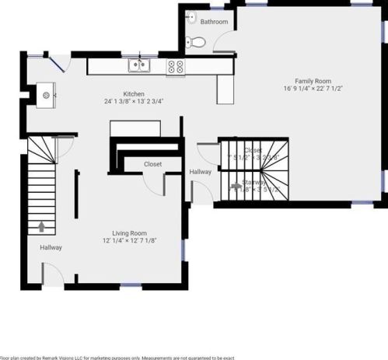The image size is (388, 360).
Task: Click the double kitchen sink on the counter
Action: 140,66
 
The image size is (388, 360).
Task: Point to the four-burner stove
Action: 176,67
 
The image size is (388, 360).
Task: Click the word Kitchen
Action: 134,92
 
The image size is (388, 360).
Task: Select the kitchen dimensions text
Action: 134,101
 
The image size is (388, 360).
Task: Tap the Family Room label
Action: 313,80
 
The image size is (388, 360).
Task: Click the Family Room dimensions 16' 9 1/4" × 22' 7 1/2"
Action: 313,89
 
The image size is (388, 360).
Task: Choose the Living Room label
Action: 129,232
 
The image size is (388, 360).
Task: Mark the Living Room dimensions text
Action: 129,241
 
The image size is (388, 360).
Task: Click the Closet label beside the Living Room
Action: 152,164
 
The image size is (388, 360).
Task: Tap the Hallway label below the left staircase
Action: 51,247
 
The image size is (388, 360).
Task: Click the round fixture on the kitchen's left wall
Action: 46,95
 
